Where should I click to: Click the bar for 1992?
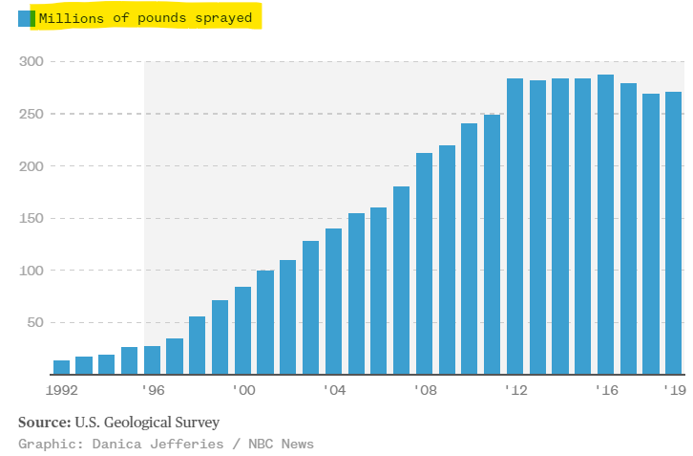coord(61,367)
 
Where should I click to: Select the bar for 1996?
coord(152,360)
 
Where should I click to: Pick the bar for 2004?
coord(333,302)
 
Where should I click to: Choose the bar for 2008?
coord(424,264)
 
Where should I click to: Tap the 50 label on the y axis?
coord(34,322)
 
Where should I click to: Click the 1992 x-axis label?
coord(61,390)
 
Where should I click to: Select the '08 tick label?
coord(425,390)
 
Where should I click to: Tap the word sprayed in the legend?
coord(225,18)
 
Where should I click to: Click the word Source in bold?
coord(42,423)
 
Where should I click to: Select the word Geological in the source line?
coord(151,423)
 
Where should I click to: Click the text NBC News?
coord(283,444)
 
